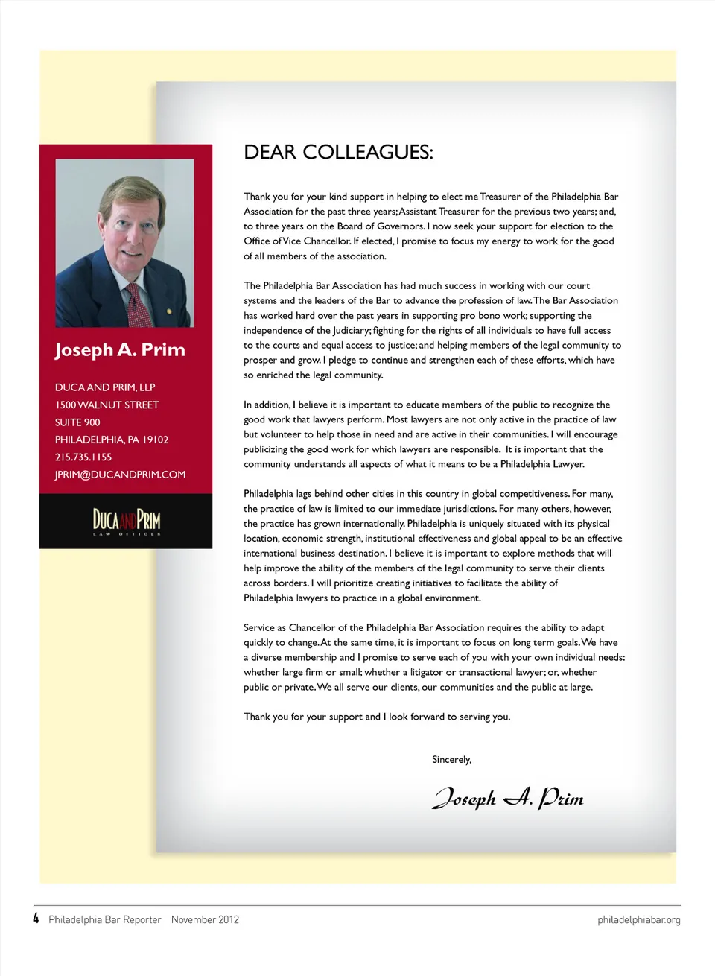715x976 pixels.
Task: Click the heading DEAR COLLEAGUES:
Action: point(338,152)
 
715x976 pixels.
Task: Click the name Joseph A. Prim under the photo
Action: point(120,349)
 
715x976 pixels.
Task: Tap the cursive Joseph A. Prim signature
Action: point(508,798)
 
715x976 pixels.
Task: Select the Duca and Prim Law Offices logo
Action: point(126,521)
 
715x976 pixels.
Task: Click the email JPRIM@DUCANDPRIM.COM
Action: point(120,475)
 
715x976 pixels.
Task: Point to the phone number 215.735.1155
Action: point(83,457)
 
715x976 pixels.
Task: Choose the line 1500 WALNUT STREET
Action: point(107,405)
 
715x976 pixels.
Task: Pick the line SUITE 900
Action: point(77,422)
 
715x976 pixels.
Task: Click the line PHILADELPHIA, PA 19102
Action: point(112,440)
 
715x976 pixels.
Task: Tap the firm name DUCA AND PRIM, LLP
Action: point(105,387)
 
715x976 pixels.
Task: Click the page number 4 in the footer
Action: point(36,919)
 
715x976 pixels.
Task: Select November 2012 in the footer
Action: point(205,920)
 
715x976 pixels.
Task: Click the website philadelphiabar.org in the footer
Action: point(638,920)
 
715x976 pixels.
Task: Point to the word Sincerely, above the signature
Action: point(451,760)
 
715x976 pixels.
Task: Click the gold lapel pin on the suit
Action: point(169,311)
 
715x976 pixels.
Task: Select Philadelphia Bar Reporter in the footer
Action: point(105,920)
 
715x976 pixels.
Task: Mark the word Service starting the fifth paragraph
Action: point(259,628)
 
